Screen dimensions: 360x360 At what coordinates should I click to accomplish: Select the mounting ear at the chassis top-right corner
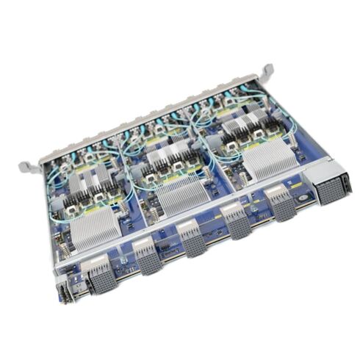(x=265, y=73)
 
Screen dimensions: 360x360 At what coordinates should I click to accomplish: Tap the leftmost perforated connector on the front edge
(x=99, y=278)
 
